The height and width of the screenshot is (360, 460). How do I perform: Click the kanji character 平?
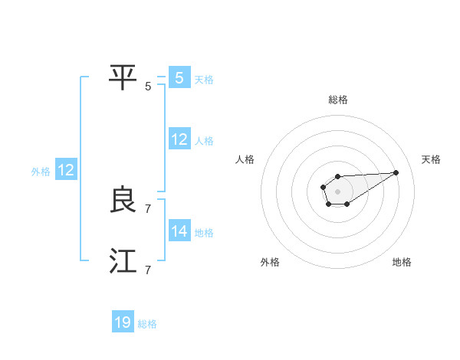coord(123,77)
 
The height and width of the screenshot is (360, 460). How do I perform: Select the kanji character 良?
coord(123,201)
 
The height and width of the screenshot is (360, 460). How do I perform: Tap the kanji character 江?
coord(123,262)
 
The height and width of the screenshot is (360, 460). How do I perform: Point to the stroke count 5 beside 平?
coord(148,86)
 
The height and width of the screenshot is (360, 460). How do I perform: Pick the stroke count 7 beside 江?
coord(148,270)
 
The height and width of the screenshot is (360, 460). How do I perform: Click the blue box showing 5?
coord(179,78)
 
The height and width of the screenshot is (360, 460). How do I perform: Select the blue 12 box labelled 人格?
coord(179,139)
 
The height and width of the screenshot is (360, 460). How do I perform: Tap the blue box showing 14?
coord(179,231)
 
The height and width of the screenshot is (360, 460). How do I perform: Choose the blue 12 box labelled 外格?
coord(65,170)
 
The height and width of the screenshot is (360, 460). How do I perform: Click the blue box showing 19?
coord(123,322)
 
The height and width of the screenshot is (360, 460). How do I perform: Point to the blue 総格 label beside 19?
coord(147,324)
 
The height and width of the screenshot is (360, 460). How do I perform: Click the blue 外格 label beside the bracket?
coord(41,172)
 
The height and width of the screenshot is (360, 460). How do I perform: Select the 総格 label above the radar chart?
coord(337,100)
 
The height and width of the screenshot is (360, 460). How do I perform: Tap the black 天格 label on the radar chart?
coord(431,159)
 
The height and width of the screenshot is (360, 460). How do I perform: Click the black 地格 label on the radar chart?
coord(402,262)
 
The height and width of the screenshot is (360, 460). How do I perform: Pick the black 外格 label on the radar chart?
coord(270,262)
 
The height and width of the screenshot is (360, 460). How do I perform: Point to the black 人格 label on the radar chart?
coord(245,159)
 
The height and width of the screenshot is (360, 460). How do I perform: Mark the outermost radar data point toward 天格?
coord(396,172)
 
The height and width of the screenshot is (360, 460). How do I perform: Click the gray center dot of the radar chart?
coord(337,191)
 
